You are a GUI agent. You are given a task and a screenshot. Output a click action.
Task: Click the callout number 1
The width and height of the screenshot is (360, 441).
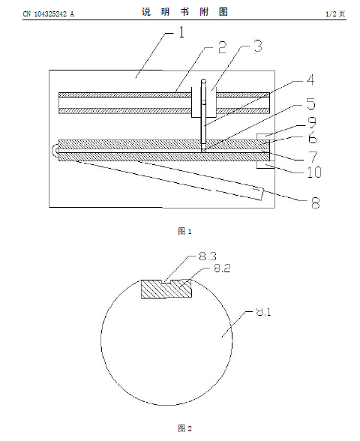182,32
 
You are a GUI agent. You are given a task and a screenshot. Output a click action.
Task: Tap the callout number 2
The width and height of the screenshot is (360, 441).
222,47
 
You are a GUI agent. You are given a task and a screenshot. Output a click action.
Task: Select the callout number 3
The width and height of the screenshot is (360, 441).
258,46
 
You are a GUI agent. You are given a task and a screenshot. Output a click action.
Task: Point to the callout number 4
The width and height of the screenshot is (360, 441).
310,79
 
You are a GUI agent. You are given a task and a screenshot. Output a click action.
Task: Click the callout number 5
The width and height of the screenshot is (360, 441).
310,103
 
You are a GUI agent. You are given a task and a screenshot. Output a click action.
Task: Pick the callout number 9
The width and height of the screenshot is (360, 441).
312,122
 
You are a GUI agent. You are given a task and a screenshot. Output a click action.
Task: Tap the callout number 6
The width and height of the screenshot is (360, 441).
313,138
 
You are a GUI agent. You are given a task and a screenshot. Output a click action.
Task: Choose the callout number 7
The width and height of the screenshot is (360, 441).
313,156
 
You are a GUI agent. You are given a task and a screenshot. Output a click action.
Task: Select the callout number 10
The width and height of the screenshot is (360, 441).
314,172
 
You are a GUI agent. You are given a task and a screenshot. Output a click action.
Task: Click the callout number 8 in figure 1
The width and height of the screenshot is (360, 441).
316,202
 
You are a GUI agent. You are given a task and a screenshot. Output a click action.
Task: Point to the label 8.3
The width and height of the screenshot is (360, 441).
208,256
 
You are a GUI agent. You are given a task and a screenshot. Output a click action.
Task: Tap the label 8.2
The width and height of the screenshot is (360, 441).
223,268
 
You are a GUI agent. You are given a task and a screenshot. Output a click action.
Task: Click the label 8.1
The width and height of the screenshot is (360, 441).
263,312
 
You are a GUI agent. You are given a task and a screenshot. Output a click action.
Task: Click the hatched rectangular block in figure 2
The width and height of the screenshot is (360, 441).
166,289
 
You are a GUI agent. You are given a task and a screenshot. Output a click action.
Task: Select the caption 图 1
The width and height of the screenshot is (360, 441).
184,231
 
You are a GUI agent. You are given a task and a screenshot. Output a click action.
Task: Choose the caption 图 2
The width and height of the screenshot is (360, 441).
184,428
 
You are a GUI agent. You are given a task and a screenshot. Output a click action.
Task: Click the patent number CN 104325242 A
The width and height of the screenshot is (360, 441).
48,13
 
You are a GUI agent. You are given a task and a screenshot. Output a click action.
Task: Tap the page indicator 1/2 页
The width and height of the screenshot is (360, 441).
335,13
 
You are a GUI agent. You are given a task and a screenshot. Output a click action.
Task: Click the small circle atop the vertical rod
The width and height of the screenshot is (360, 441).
204,82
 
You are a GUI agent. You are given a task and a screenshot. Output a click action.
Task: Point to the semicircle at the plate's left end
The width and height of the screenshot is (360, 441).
54,150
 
